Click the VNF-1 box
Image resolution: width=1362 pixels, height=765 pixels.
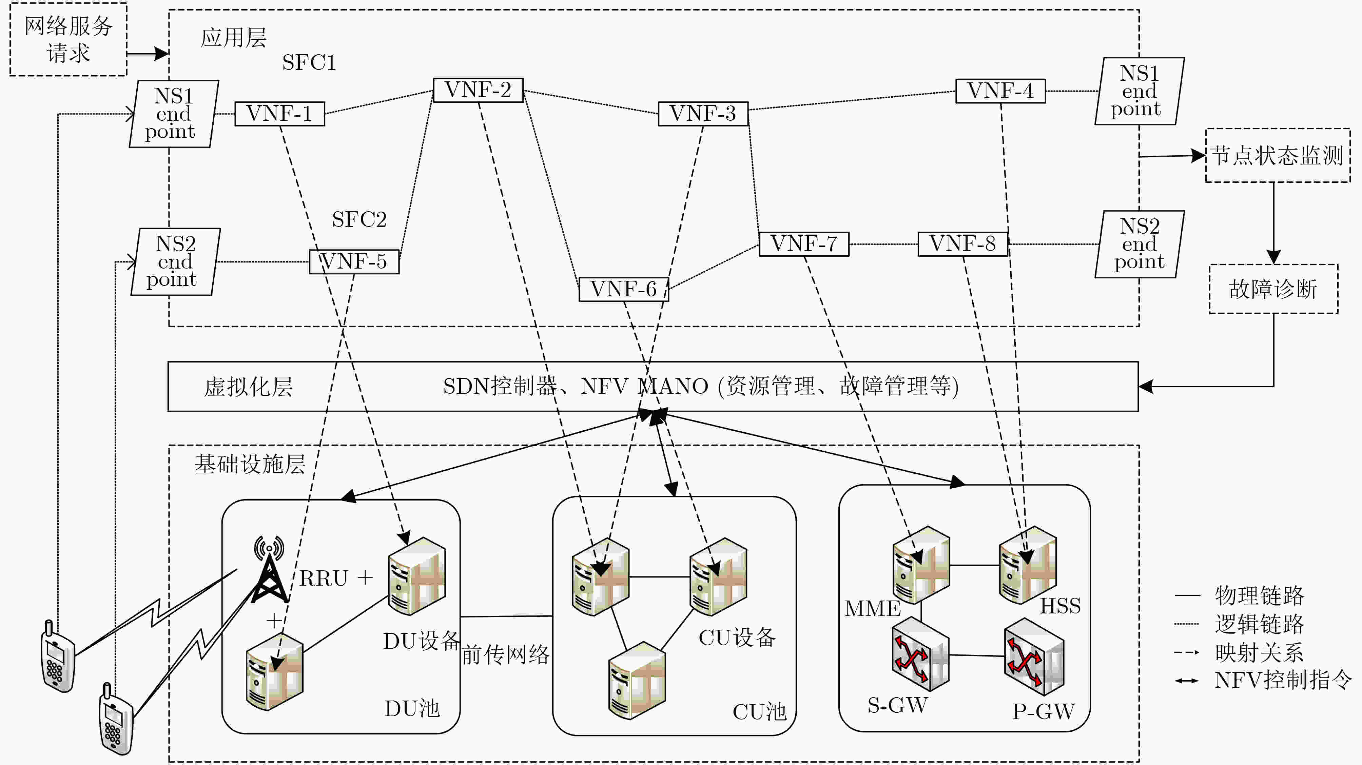tap(280, 114)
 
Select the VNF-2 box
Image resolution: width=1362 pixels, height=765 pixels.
tap(478, 90)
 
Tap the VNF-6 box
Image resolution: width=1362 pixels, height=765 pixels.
tap(624, 289)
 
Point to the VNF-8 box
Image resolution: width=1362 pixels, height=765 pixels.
tap(963, 244)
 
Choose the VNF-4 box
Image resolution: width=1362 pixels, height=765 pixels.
tap(1000, 91)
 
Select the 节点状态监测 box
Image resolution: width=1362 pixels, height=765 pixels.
tap(1278, 155)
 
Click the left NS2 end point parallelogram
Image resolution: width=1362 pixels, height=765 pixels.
tap(176, 262)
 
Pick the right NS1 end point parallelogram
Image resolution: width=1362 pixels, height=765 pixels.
tap(1140, 91)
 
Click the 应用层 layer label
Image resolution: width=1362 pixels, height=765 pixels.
tap(233, 38)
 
